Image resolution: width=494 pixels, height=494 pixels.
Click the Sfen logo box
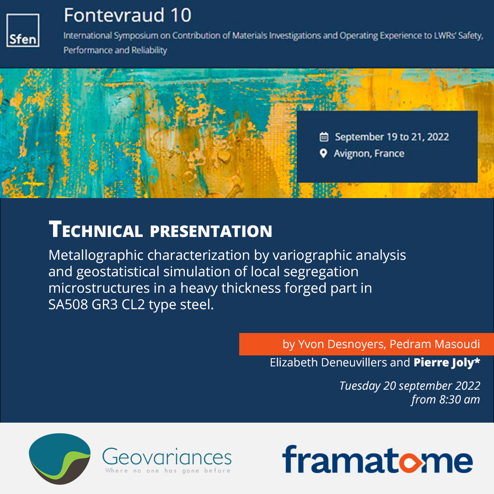click(x=23, y=30)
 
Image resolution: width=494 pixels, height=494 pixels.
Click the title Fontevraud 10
click(x=127, y=16)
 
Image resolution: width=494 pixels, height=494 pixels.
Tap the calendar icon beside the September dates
click(x=324, y=137)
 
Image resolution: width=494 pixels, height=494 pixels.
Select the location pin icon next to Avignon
click(x=323, y=153)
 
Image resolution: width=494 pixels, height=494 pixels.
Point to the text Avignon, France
click(x=369, y=153)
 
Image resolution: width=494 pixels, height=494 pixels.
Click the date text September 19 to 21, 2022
click(x=392, y=137)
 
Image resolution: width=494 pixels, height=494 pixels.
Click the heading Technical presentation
click(x=160, y=230)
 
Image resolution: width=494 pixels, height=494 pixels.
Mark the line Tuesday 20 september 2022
click(x=409, y=386)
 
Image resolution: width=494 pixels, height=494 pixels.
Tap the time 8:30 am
click(x=459, y=399)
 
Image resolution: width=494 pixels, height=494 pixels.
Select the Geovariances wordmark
click(x=167, y=456)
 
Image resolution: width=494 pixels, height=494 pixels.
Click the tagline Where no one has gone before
click(x=167, y=470)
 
